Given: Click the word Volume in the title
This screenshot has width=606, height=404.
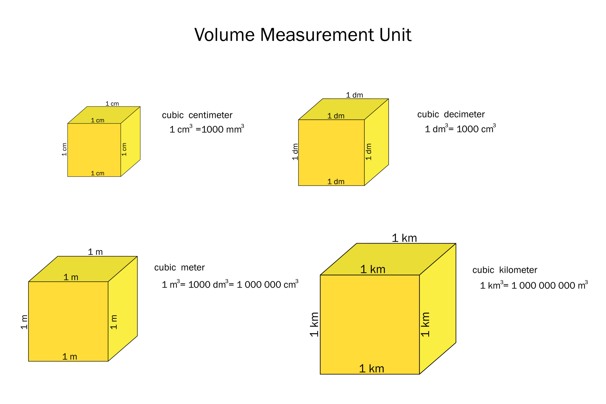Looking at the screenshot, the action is pos(224,35).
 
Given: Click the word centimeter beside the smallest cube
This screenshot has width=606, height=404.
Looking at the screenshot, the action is pos(210,115).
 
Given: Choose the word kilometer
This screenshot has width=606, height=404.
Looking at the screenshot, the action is pos(518,270).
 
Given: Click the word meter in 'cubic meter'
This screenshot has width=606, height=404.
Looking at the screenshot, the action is pos(193,268).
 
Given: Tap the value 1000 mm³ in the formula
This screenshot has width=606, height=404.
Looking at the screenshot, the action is pos(223,129).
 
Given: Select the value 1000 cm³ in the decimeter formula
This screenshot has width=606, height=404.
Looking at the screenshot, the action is pos(476,129).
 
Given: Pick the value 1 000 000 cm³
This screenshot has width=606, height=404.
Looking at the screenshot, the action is pos(267,284).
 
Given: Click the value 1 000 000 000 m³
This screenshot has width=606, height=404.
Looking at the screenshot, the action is pos(550,285).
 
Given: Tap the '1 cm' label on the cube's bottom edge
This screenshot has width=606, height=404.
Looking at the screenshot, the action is pos(98,173).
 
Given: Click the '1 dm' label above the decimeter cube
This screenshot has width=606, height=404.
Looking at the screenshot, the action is pos(355,95).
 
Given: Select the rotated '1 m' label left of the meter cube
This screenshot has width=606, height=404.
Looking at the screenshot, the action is pos(24,322).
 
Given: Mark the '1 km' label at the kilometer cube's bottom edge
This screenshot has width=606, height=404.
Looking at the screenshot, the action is pos(372,369).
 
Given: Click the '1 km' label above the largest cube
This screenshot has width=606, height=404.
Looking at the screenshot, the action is pos(404,238).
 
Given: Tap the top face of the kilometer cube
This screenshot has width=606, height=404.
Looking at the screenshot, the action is pos(388,259).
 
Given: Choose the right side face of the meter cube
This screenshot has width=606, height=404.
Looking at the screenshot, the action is pos(123,309).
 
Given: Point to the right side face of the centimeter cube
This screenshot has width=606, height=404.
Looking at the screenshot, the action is pos(130,142).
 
